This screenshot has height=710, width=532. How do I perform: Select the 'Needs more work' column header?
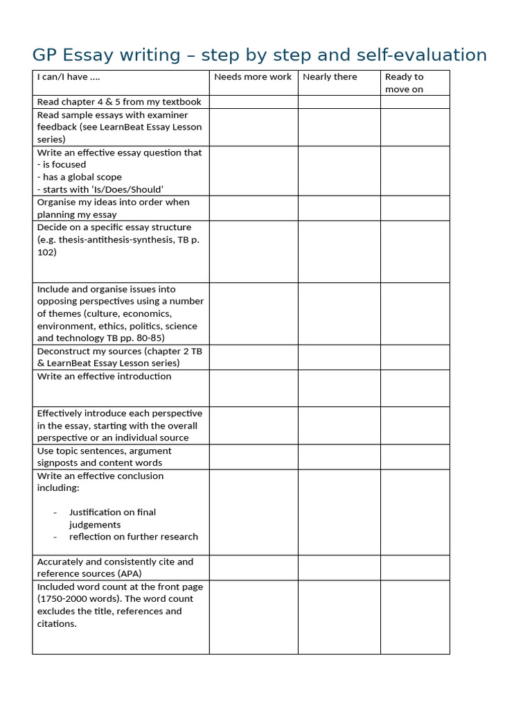pyautogui.click(x=253, y=77)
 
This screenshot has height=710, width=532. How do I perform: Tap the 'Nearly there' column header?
pyautogui.click(x=330, y=77)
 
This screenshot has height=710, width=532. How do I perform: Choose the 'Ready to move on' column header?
pyautogui.click(x=405, y=83)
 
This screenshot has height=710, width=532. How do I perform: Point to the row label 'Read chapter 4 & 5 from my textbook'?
pyautogui.click(x=119, y=102)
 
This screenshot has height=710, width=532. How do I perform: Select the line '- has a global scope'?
pyautogui.click(x=79, y=177)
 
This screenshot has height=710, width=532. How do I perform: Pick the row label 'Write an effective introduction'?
pyautogui.click(x=104, y=376)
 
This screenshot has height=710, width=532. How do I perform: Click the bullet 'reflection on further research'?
pyautogui.click(x=134, y=537)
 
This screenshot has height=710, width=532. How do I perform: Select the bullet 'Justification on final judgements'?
pyautogui.click(x=112, y=519)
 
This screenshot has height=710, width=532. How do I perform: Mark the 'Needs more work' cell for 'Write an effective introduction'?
pyautogui.click(x=254, y=388)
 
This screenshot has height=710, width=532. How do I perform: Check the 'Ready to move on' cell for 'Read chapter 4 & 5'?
pyautogui.click(x=415, y=102)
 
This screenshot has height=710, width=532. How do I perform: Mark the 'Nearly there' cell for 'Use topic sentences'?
pyautogui.click(x=339, y=457)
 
